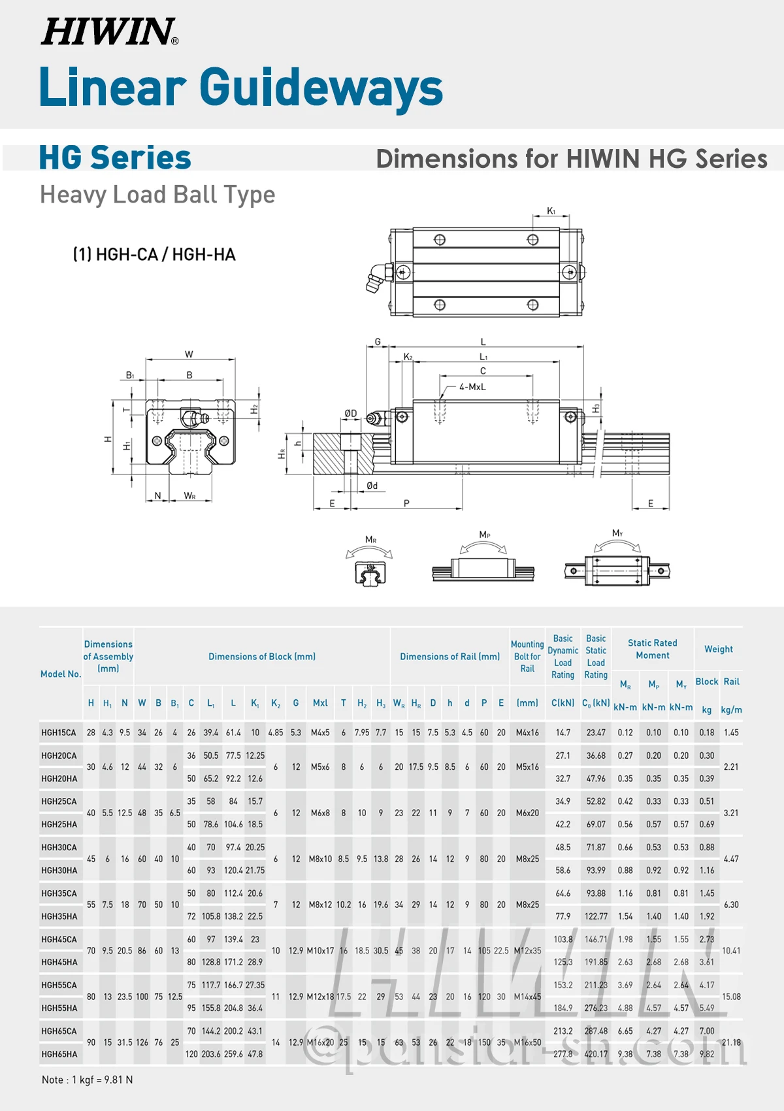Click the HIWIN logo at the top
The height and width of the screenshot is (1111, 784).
(x=109, y=32)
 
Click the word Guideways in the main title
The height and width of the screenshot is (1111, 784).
(x=321, y=88)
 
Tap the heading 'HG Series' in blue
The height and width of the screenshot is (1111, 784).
(x=115, y=158)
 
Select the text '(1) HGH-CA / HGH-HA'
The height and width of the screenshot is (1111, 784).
(x=154, y=255)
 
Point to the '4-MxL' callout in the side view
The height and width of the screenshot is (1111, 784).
(x=472, y=387)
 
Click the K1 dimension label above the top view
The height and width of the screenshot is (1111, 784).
(x=551, y=211)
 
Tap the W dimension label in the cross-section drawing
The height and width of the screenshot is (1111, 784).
(x=189, y=354)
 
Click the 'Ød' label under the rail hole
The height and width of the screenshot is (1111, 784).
(x=372, y=486)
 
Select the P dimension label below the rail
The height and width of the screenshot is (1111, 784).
(x=406, y=504)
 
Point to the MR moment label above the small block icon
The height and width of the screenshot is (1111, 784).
(x=370, y=540)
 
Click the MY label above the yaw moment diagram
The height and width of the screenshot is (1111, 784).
(x=617, y=533)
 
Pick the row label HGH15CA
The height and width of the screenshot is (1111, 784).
(x=59, y=733)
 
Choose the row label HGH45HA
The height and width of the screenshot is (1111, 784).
(x=59, y=962)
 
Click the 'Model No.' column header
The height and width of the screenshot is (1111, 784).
(x=61, y=674)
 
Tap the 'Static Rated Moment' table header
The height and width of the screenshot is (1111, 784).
(x=652, y=649)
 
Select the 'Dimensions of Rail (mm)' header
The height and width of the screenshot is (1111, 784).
(x=449, y=657)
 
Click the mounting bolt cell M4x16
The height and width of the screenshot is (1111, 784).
(x=527, y=733)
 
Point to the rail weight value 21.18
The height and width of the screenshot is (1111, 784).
(x=731, y=1042)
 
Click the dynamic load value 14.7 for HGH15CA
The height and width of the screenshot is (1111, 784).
(x=563, y=733)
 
